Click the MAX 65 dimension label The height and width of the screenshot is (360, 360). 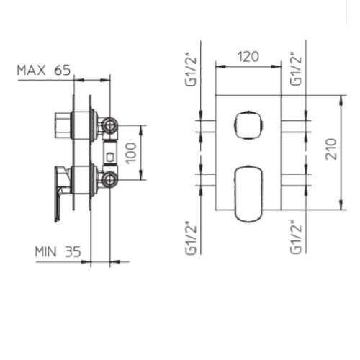coord(44,70)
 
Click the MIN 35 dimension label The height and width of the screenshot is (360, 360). coord(58,252)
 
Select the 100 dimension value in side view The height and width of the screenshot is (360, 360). coord(131,153)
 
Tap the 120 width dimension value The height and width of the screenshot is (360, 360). coord(248,57)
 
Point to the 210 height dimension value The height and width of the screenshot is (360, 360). coord(331,149)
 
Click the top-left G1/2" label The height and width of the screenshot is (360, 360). coord(191,71)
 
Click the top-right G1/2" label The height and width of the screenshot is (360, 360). coord(296,69)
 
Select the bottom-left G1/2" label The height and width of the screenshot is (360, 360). coord(191,240)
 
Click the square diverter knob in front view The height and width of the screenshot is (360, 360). coord(248,125)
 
